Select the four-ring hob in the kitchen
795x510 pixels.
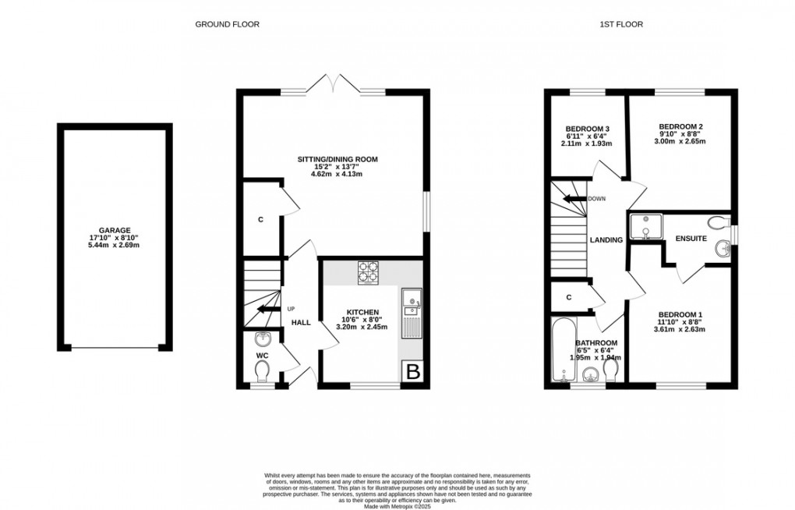click(368, 271)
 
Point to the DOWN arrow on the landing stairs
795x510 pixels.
click(575, 199)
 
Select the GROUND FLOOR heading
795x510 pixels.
click(227, 24)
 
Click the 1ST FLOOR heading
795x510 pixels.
click(620, 24)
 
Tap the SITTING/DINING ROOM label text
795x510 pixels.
click(337, 159)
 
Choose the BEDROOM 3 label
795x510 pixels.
click(586, 129)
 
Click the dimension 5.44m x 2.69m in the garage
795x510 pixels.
click(114, 245)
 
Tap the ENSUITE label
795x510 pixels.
click(691, 239)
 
